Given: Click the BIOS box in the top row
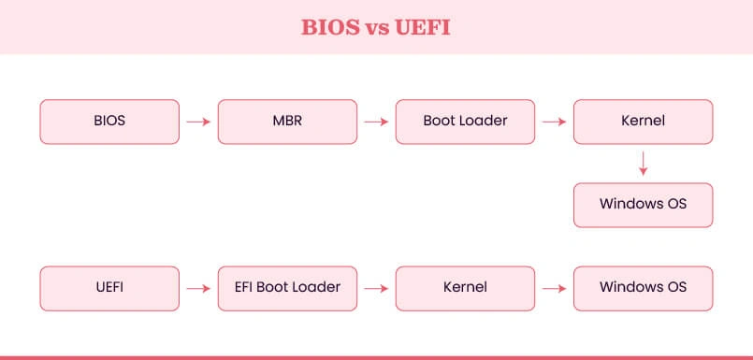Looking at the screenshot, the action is (109, 122).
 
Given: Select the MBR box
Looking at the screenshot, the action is (287, 122).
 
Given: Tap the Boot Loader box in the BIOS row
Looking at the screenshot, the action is (465, 122).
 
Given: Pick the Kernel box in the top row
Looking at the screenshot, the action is (643, 122).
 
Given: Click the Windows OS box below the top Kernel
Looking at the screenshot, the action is (643, 205).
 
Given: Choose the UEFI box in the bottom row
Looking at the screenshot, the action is (109, 289).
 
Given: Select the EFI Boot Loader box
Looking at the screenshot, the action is (287, 289).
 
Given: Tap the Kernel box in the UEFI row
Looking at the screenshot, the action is (465, 289).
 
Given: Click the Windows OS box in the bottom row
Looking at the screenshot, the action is (643, 289).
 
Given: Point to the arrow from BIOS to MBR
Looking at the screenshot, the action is (198, 122).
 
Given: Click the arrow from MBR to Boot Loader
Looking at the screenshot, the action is (376, 122).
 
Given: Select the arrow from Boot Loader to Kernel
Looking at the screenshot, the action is (554, 122).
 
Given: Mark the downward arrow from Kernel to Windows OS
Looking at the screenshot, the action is (643, 164).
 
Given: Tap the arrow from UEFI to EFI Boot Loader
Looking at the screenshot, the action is (198, 289).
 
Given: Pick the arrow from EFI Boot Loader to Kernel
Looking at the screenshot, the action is (376, 289).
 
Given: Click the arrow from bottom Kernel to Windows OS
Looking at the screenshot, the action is (554, 289).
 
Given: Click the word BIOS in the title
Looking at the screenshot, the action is (330, 27).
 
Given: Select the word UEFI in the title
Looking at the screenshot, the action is (423, 27).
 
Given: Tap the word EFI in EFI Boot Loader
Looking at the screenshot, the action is (244, 287).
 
